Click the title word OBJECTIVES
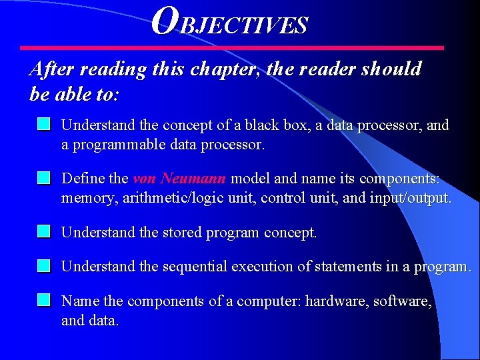tap(230, 23)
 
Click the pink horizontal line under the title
tap(231, 48)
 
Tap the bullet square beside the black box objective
tap(44, 124)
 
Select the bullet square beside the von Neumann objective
tap(44, 178)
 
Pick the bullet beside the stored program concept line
tap(44, 232)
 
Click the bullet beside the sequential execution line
tap(44, 266)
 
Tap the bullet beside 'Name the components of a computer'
tap(44, 300)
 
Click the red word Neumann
tap(193, 179)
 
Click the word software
tap(402, 301)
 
